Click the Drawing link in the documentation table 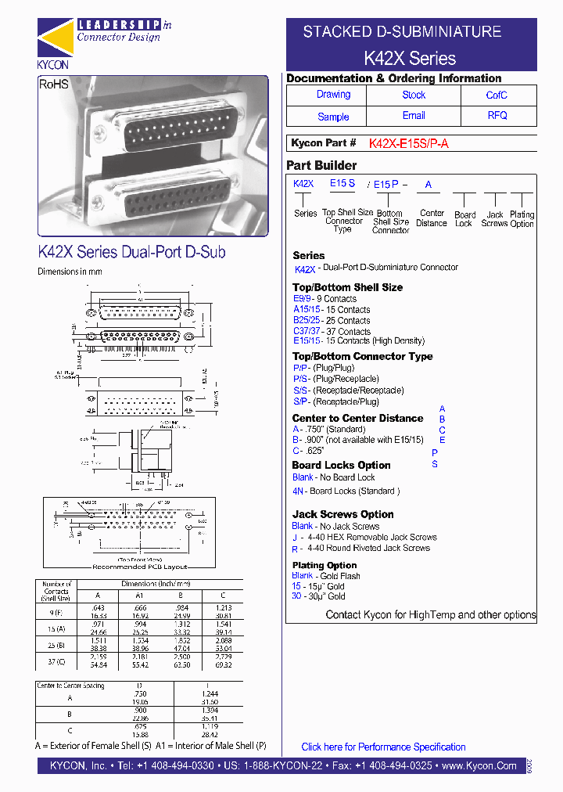pos(333,95)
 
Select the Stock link pos(414,95)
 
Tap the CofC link pos(497,95)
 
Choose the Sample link pos(333,117)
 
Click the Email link pos(414,116)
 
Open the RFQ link pos(497,116)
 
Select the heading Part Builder pos(321,165)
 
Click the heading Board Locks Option pos(341,465)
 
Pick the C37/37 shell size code pos(303,331)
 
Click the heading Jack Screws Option pos(342,514)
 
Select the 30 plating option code pos(296,596)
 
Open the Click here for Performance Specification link pos(383,747)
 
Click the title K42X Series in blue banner pos(410,58)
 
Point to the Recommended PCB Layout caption pos(140,566)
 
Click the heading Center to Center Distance pos(357,418)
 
